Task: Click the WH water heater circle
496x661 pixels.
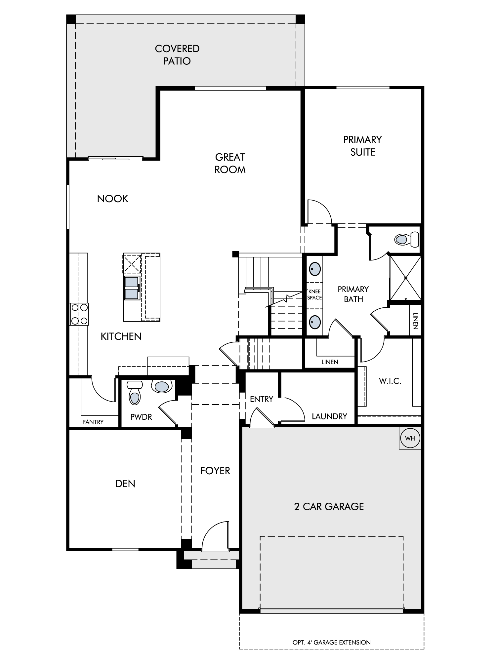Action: pos(410,438)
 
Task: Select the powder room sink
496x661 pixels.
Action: pos(161,386)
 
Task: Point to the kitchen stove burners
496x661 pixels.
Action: pos(79,314)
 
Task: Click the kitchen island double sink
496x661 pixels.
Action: pos(131,288)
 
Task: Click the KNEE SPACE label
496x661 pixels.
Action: pos(314,294)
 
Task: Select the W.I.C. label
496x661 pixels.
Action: pos(390,381)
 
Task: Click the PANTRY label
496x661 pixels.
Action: pos(93,422)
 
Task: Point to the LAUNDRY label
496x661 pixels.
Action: pos(329,416)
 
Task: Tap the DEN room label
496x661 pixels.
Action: pos(125,484)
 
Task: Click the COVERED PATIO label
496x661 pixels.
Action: pos(177,55)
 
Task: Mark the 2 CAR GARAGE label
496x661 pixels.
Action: pos(329,507)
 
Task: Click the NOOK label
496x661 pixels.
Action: pos(113,199)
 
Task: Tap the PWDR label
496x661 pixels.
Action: pos(141,417)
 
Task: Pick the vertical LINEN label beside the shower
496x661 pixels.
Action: pos(416,321)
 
